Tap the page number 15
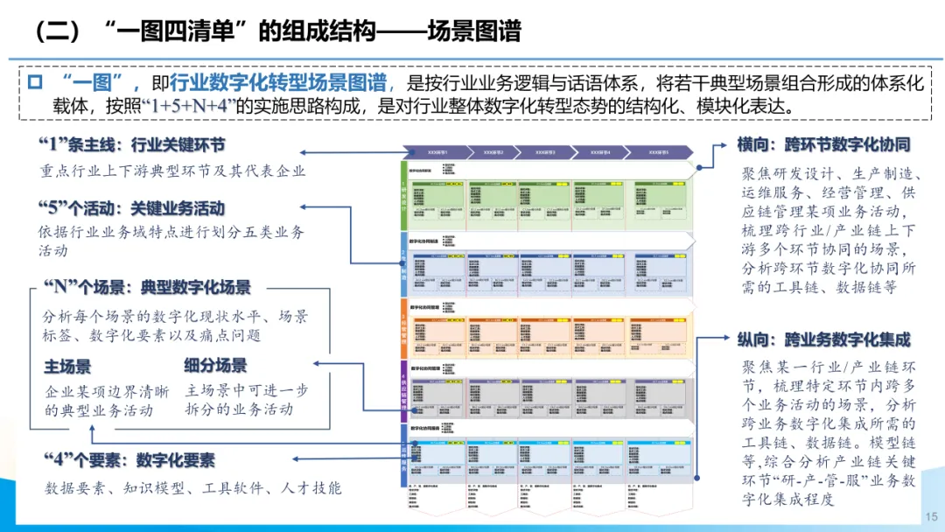tap(929, 517)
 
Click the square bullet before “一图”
tap(35, 83)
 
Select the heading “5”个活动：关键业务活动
tap(132, 208)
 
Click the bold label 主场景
tap(67, 366)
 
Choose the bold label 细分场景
tap(215, 366)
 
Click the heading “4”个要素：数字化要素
tap(128, 460)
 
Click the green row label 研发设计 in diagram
tap(403, 197)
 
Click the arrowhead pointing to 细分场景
tap(316, 360)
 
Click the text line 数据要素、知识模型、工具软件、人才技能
tap(193, 488)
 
